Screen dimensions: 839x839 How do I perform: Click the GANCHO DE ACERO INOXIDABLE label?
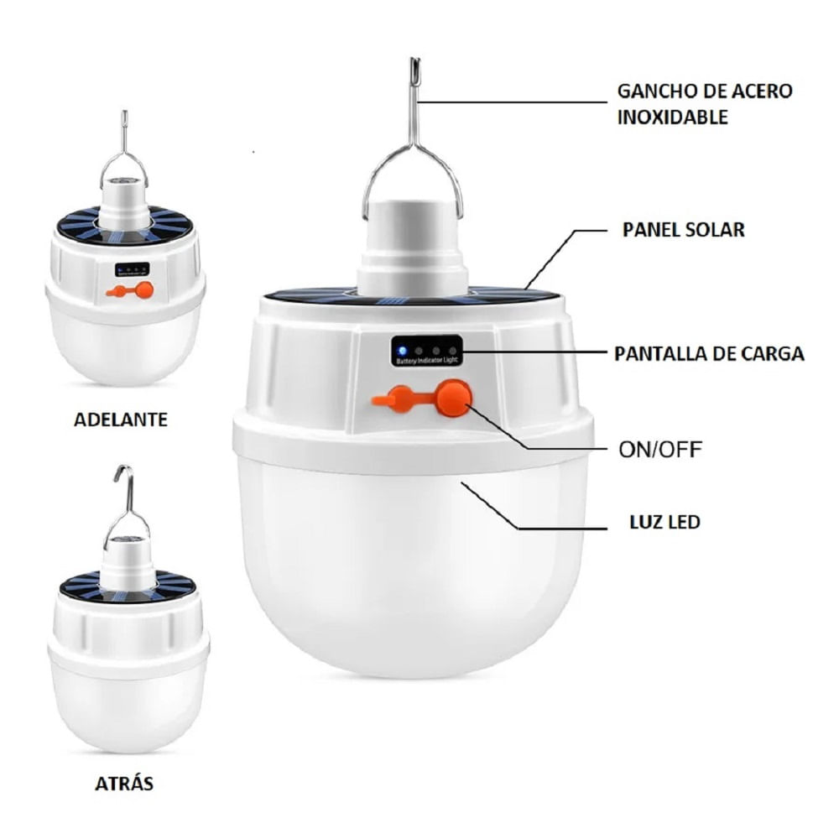click(705, 104)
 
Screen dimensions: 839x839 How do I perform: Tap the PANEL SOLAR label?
click(683, 230)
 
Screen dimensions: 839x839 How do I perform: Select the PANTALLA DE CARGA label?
click(709, 354)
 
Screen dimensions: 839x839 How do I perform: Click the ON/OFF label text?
click(660, 450)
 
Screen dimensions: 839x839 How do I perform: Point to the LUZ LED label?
click(664, 522)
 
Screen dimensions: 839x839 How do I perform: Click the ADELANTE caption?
click(120, 419)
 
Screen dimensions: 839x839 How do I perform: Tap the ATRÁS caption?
click(124, 784)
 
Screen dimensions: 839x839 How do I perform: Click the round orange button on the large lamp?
click(454, 398)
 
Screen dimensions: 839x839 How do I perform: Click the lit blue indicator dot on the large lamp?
click(402, 352)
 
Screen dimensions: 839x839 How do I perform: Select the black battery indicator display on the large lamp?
click(426, 351)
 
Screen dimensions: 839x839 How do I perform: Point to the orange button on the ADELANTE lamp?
click(143, 290)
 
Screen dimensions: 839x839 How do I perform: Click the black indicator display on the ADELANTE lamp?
click(132, 269)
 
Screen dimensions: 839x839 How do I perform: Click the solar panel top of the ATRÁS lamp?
click(128, 583)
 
